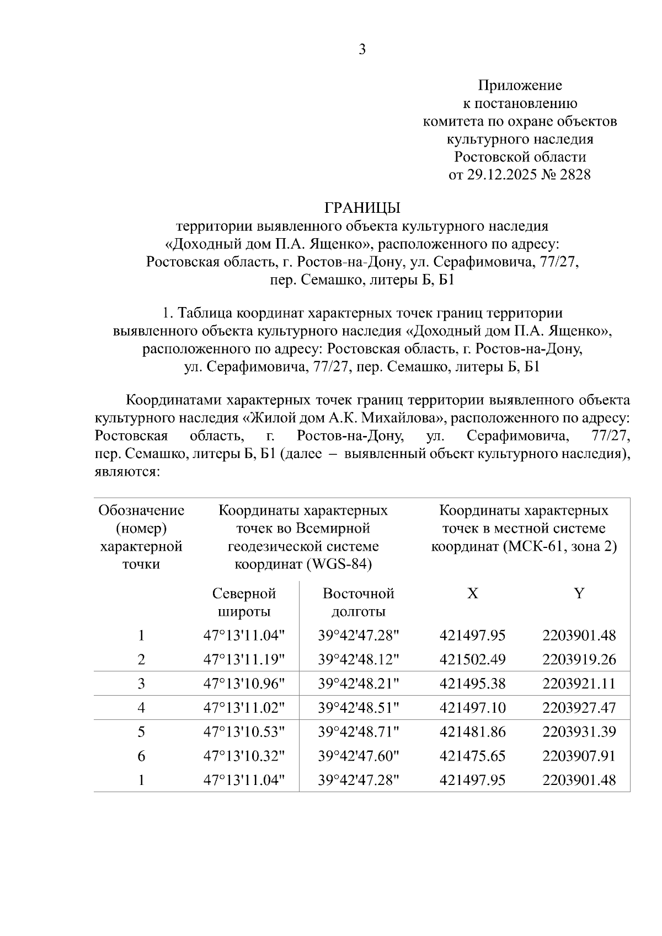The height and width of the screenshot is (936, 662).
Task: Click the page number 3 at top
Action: click(x=362, y=50)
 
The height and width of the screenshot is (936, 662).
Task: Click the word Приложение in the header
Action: click(x=520, y=85)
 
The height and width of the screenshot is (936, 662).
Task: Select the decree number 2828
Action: click(x=575, y=175)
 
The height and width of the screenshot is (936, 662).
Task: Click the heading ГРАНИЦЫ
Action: click(x=362, y=208)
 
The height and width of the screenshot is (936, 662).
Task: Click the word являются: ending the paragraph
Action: click(x=127, y=472)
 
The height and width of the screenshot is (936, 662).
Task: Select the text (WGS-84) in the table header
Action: click(x=340, y=564)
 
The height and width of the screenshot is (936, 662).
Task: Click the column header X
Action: click(x=472, y=593)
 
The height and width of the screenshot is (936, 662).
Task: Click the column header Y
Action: click(x=579, y=593)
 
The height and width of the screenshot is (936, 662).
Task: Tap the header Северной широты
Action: click(x=244, y=603)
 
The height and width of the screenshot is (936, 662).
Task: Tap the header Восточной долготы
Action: click(x=358, y=603)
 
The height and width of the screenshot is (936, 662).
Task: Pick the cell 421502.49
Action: click(x=472, y=659)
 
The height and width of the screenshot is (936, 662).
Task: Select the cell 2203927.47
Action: click(x=579, y=708)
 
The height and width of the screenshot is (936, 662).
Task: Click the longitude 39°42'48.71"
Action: click(x=358, y=732)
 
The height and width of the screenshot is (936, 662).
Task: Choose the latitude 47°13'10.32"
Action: click(x=244, y=756)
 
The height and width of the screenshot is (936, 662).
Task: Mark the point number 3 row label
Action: click(x=141, y=684)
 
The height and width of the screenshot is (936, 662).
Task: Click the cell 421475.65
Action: click(x=472, y=756)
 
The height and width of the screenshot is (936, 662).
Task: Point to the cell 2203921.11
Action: click(x=579, y=684)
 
